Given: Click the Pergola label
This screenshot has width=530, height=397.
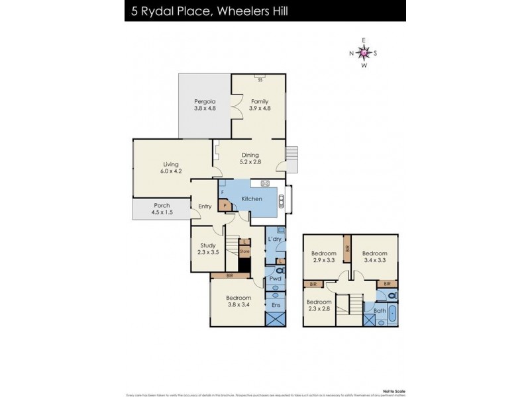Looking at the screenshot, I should coord(205,101).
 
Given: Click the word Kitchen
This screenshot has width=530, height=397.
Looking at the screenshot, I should coord(252,198).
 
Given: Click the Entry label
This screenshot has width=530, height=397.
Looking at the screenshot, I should coord(205,206).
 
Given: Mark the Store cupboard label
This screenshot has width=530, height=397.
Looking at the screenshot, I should coord(244,251).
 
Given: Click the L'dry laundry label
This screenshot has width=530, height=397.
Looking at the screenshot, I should coord(275,238).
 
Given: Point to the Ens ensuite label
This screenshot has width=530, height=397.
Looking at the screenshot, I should coord(275,306).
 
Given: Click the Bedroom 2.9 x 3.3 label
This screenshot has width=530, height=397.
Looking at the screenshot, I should coord(323,256).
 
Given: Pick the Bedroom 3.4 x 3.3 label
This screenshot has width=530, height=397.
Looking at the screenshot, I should coord(373,256).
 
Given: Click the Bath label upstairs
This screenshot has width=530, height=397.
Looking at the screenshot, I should coord(379,310).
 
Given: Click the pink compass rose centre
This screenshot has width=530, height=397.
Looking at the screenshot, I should coord(364,52).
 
